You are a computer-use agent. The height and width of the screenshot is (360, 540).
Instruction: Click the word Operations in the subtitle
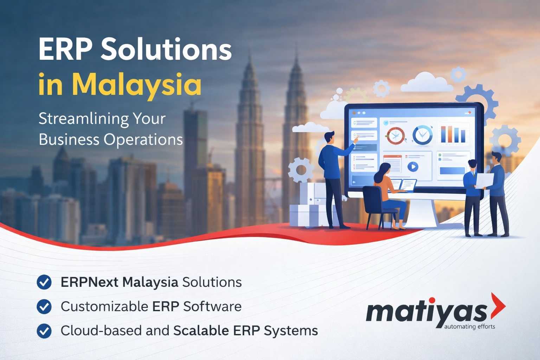tap(143, 140)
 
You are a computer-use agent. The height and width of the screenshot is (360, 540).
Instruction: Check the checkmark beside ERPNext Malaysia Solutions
tap(44, 282)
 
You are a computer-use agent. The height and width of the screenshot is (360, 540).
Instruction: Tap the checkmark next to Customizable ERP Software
tap(44, 307)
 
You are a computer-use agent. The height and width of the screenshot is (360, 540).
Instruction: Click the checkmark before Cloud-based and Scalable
tap(44, 331)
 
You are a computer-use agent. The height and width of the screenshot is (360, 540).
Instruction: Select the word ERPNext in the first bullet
tap(89, 282)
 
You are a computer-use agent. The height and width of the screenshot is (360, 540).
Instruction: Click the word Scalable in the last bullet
tap(201, 330)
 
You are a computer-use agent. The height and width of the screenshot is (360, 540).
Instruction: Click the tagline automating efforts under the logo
tap(469, 327)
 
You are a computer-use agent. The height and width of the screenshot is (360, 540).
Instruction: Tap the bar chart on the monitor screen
tap(453, 134)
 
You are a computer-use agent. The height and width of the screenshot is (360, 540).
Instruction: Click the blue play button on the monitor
tap(413, 167)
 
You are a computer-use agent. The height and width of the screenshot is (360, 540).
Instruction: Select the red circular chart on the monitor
tap(396, 136)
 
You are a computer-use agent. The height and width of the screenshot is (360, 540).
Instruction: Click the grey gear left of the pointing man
tap(301, 170)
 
